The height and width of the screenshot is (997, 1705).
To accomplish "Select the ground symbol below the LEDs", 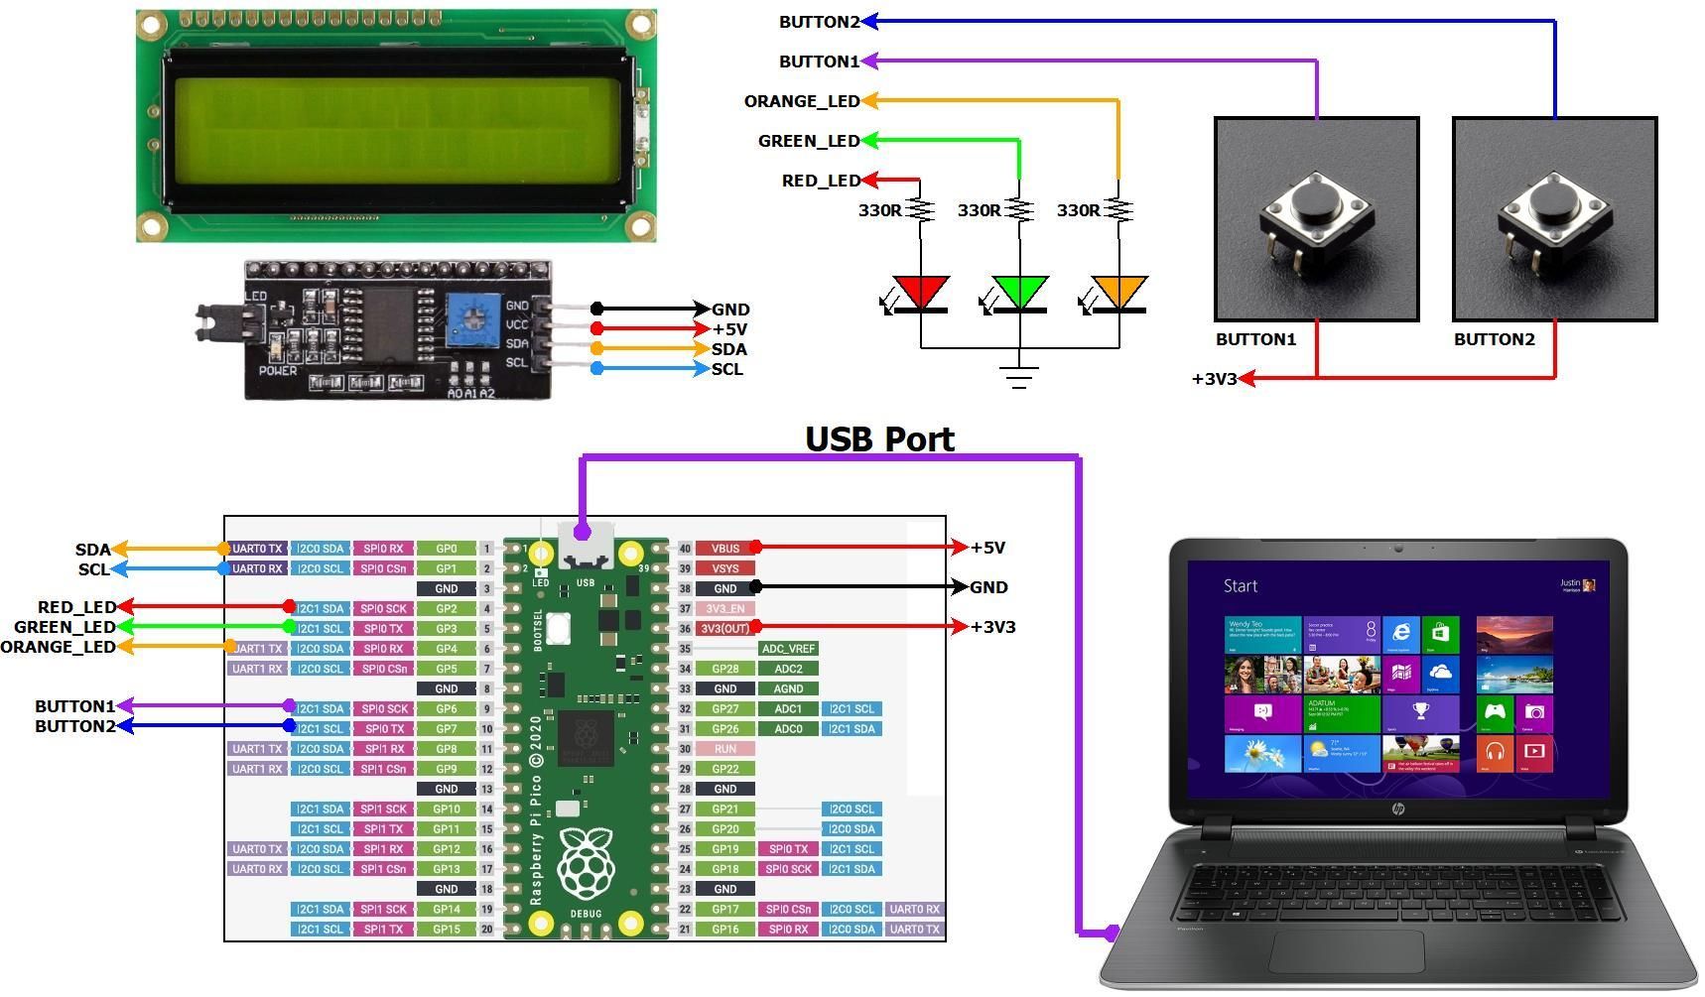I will coord(1019,376).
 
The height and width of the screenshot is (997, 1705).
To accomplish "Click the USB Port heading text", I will coord(879,438).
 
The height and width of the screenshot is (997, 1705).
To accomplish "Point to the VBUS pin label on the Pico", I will coord(724,548).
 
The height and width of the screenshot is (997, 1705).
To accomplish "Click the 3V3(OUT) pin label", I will coord(724,628).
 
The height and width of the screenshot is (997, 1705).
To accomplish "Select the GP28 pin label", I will coord(724,669).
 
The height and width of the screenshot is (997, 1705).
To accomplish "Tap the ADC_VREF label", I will coord(788,649).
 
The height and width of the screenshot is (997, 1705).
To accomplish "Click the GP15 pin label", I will coord(446,930).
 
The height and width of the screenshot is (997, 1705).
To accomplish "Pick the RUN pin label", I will coord(724,749).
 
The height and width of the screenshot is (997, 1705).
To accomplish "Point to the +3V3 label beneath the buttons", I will coord(1214,379).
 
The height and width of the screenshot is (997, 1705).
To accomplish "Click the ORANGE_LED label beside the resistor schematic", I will coord(801,101).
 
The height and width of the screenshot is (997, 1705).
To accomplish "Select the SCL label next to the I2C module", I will coord(726,369).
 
